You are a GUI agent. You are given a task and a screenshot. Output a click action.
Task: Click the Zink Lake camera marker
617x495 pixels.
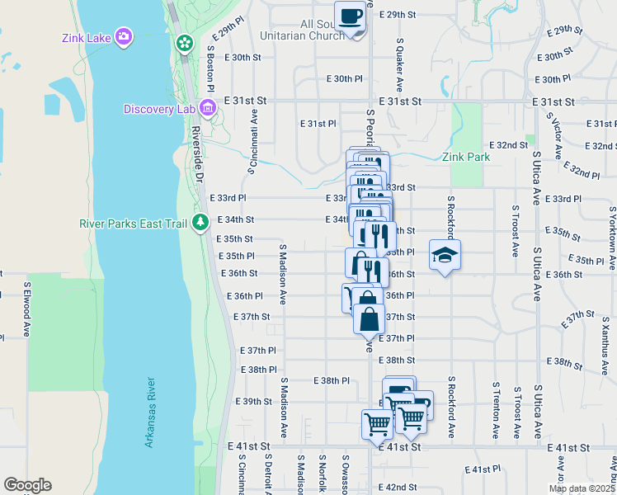[x=124, y=36]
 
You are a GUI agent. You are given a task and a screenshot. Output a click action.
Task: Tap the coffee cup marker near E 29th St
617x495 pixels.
[x=351, y=16]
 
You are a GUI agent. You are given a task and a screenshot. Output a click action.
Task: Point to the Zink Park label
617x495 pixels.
[x=466, y=157]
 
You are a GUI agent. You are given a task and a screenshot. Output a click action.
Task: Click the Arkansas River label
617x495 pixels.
[x=150, y=412]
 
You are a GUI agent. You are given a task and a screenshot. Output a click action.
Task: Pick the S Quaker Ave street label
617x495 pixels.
[x=399, y=64]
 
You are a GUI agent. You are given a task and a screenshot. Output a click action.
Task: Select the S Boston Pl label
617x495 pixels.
[x=211, y=67]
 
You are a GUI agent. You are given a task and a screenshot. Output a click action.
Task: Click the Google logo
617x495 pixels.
[x=27, y=485]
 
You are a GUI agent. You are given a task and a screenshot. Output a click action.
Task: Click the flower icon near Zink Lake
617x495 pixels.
[x=184, y=41]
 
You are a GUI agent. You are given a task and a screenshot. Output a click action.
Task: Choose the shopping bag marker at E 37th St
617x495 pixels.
[x=369, y=318]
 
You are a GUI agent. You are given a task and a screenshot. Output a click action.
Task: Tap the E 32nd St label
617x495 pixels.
[x=508, y=144]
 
